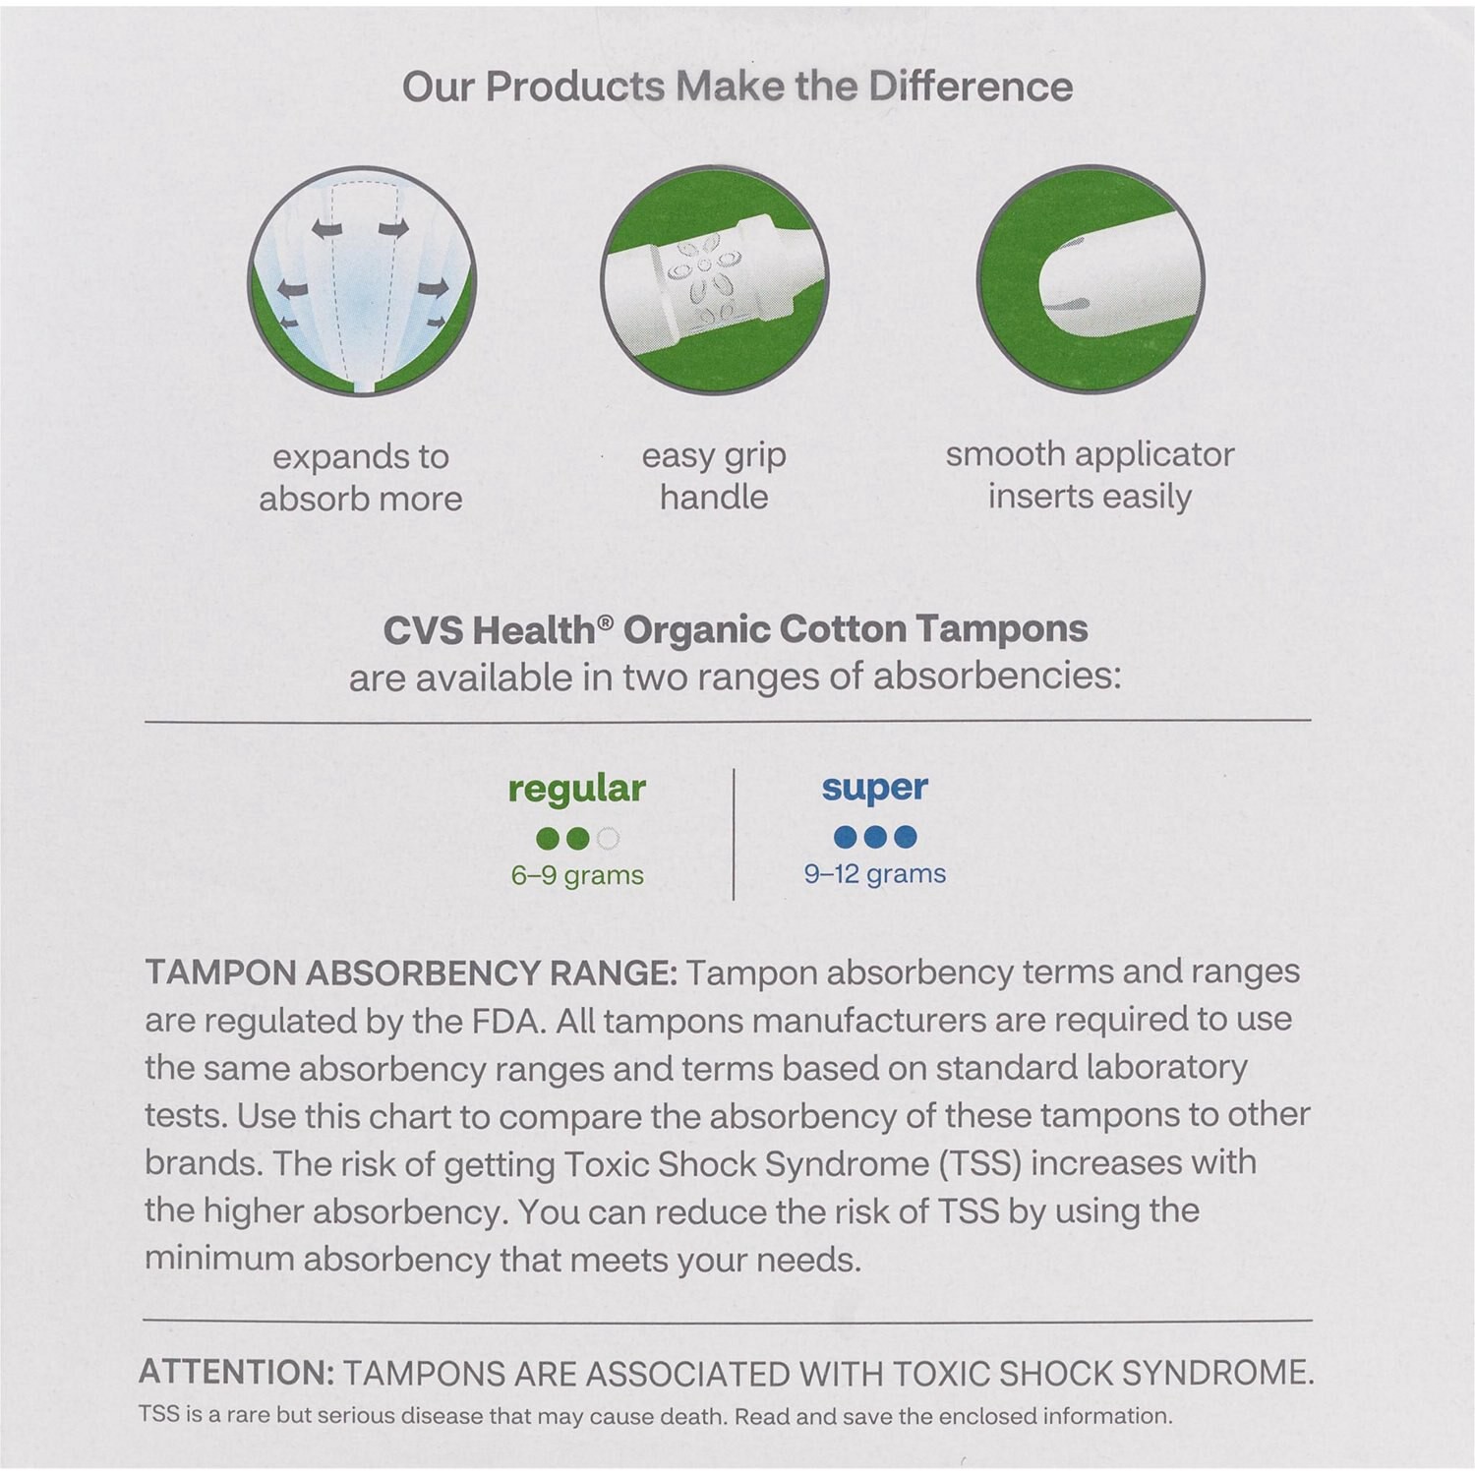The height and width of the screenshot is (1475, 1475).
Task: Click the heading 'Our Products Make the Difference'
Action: (737, 87)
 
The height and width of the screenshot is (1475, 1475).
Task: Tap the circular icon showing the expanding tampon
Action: (362, 281)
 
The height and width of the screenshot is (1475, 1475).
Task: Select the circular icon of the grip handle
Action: (715, 280)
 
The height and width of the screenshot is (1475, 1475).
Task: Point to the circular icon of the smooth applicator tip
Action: (1091, 280)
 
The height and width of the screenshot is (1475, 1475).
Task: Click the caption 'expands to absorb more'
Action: (361, 478)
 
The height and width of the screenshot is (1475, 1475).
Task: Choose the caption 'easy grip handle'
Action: (714, 476)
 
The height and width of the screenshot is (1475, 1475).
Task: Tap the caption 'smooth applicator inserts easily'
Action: (1090, 475)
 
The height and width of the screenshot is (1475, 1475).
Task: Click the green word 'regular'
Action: (577, 788)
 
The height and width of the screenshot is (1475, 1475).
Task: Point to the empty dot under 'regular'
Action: (608, 839)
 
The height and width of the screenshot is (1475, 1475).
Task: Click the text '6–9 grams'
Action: (577, 875)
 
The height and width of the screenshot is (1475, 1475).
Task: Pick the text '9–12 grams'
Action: (874, 873)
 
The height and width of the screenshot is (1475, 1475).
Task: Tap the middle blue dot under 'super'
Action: (875, 837)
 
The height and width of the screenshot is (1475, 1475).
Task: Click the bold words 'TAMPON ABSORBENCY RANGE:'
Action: (411, 973)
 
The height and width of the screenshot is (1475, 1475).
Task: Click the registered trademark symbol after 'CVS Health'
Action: (606, 622)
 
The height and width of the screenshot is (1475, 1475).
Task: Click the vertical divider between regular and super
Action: (735, 834)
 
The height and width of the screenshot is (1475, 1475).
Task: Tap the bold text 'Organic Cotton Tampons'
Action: (855, 629)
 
